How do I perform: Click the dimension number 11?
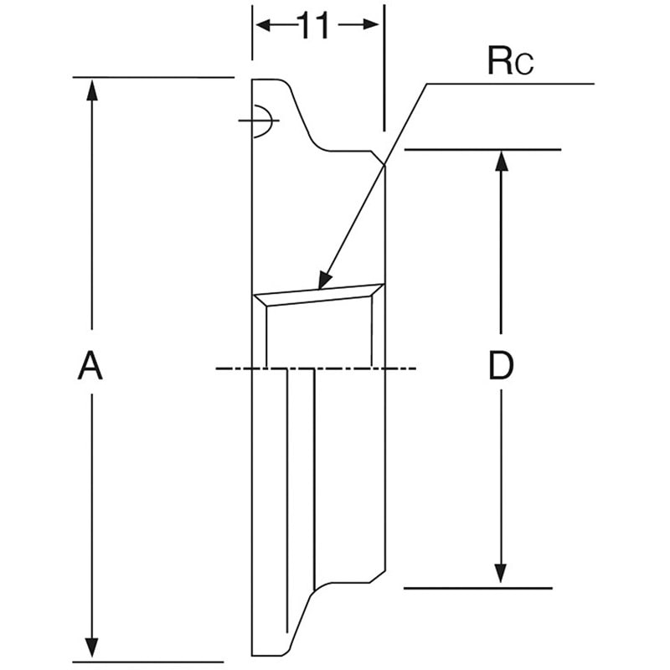point(315,25)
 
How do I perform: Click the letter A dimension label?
point(90,365)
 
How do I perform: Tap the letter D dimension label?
point(501,365)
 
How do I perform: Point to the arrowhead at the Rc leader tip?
point(325,281)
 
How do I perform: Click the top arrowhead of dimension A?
point(92,90)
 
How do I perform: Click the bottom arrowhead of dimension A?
point(92,647)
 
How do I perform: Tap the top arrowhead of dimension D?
point(501,162)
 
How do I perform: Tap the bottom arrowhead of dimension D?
point(501,574)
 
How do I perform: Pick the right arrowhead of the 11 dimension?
point(369,25)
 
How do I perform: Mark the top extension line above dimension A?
point(153,77)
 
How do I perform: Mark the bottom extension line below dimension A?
point(148,662)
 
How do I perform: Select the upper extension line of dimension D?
point(482,150)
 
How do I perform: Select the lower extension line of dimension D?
point(478,589)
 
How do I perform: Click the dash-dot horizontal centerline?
point(316,368)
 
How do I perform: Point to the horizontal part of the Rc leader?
point(511,84)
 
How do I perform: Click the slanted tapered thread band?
point(319,295)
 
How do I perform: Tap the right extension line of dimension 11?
point(384,68)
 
